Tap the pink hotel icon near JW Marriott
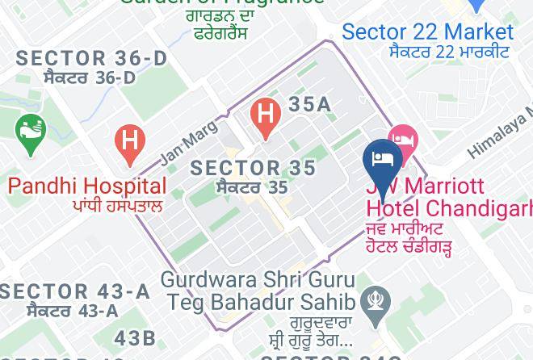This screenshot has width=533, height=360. point(401,140)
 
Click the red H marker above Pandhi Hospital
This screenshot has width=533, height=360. point(128,143)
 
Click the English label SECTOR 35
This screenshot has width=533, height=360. point(253,168)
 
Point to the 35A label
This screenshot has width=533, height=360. point(309,105)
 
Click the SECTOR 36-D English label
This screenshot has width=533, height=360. point(91,58)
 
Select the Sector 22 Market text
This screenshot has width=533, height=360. point(427,32)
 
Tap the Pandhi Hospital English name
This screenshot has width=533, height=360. point(87,186)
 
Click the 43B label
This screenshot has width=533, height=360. point(135,337)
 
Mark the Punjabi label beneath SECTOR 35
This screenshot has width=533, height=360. point(252,188)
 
